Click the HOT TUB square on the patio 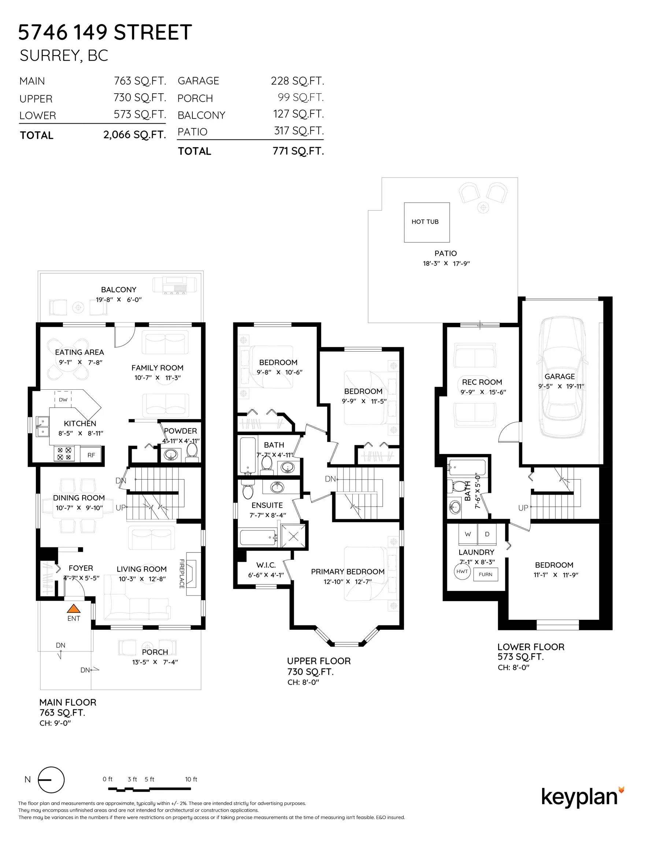(427, 222)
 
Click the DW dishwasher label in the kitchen (63, 400)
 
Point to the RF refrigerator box (91, 455)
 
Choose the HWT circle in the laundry (462, 571)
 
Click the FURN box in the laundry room (485, 574)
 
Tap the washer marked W (468, 534)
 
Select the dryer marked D (487, 534)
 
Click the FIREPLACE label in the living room (182, 574)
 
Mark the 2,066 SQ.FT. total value (134, 135)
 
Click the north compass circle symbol (51, 780)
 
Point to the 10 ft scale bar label (191, 779)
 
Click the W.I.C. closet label (266, 565)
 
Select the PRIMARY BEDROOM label (348, 572)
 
